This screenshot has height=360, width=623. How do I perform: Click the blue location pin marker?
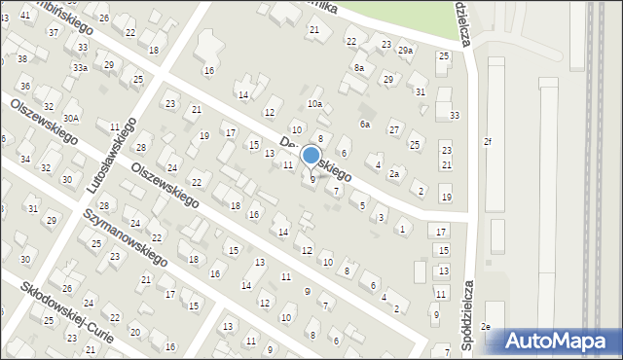pos(311,156)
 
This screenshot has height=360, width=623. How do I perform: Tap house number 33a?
pos(80,68)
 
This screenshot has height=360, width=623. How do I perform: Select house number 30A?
pos(71,118)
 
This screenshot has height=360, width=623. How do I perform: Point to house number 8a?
pos(359,67)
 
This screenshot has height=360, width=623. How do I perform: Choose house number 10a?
pos(314,103)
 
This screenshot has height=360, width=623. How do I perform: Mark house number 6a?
pos(365,124)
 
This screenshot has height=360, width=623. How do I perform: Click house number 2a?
pos(394,173)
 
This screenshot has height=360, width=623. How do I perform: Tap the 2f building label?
pos(488,141)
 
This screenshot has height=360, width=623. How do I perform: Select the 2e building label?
pos(485,327)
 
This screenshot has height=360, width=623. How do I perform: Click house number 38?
pos(22,59)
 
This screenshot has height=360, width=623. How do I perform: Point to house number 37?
pos(53,32)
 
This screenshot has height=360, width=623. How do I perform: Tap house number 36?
pos(25,87)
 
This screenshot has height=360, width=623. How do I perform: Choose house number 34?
pos(25,159)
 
